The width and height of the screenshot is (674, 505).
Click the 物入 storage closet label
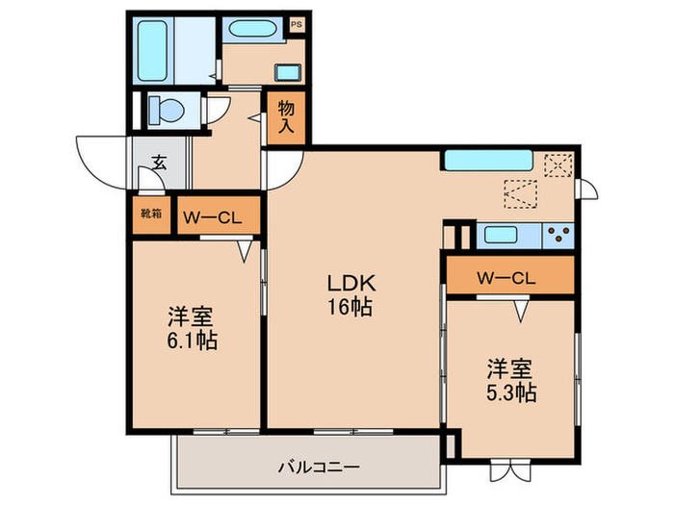click(x=286, y=118)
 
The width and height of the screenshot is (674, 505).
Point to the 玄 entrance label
click(x=158, y=163)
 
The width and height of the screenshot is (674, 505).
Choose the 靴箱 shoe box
click(x=150, y=215)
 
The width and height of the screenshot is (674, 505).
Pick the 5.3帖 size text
click(x=510, y=391)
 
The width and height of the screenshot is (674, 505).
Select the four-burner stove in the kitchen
click(x=557, y=233)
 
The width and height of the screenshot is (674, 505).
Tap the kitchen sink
click(x=504, y=234)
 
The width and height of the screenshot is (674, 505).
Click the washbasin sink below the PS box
click(x=287, y=70)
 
